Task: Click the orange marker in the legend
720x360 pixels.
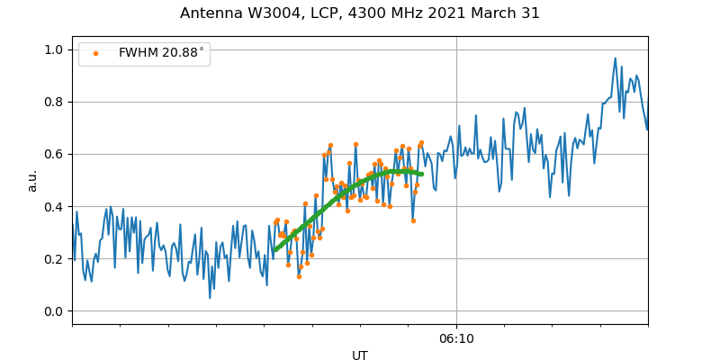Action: click(96, 53)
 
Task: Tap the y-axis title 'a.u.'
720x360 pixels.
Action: click(32, 180)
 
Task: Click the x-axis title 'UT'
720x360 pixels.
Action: click(360, 355)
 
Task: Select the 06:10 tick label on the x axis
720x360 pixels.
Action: click(456, 339)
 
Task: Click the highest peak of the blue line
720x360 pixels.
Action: click(616, 58)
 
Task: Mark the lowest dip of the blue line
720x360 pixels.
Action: click(210, 298)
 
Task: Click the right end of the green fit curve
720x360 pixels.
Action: click(421, 174)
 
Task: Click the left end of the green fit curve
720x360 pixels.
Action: click(274, 250)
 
